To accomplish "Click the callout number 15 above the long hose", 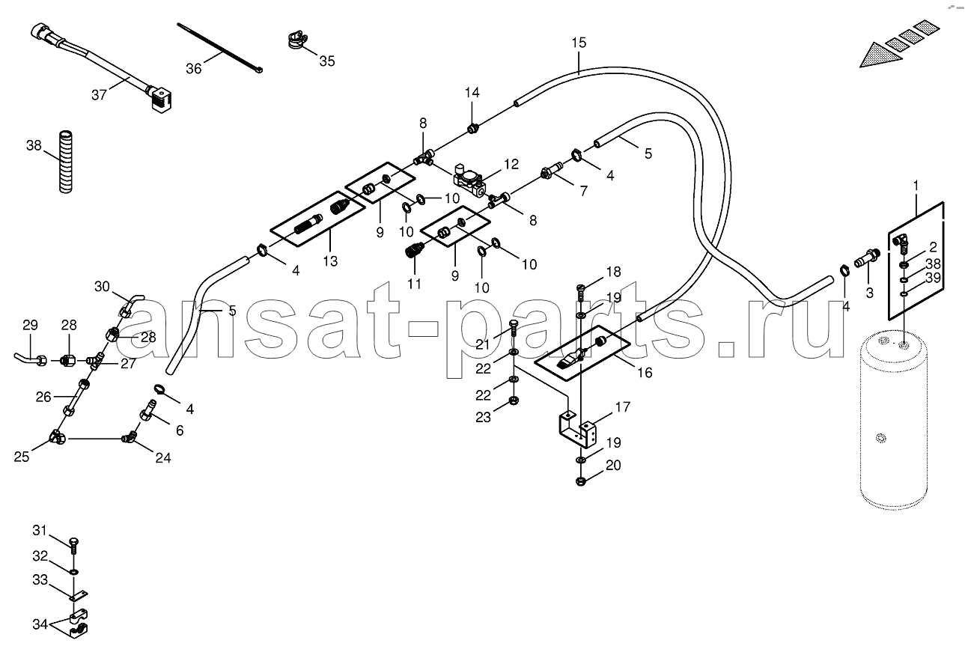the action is pos(579,43).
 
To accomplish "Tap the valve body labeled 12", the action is pos(469,180).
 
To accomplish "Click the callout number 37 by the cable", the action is pos(99,95).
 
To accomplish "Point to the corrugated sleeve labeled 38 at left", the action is pos(65,162).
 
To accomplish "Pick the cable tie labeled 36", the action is pos(219,48).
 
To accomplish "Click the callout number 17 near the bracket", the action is pos(623,407).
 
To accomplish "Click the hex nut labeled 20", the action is pos(580,481).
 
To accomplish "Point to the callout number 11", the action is pos(414,284).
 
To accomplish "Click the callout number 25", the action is pos(22,457).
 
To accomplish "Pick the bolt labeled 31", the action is pos(74,545).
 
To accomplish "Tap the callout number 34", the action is pos(40,624).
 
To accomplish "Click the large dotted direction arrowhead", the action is pos(880,55).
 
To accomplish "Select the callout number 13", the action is pos(330,261).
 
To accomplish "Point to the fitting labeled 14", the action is pos(473,128).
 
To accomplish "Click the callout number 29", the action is pos(30,325).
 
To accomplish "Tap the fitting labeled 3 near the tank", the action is pos(867,258).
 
